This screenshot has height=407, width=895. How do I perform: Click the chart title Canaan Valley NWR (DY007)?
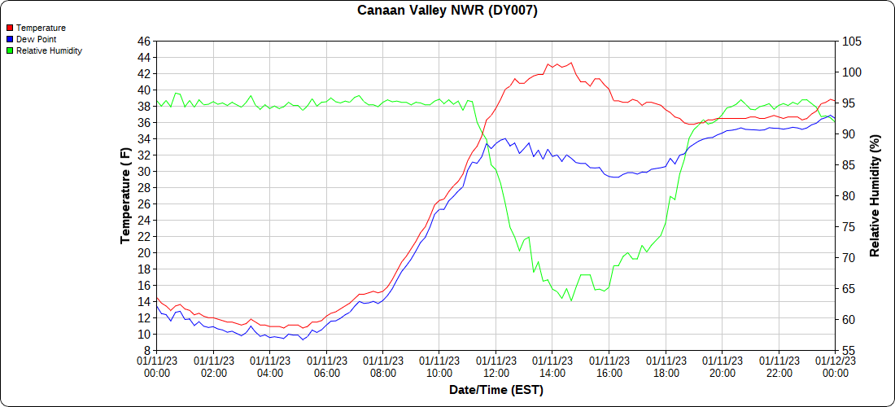coord(447,11)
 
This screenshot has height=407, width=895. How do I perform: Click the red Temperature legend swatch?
coord(10,28)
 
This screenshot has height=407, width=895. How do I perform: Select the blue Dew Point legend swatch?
coord(10,39)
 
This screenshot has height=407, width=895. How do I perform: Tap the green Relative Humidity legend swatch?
coord(10,50)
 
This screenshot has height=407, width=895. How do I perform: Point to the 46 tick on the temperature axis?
coord(144,42)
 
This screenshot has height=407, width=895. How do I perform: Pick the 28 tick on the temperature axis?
coord(144,188)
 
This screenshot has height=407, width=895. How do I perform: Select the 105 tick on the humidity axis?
coord(852,42)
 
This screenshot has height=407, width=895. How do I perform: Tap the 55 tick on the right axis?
coord(849,351)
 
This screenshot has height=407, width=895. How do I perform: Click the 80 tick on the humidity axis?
coord(849,196)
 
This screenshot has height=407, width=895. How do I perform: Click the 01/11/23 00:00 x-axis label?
coord(157,366)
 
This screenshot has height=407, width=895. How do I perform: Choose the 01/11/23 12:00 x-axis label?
coord(496,366)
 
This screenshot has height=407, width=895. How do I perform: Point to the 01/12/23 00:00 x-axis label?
coord(835,366)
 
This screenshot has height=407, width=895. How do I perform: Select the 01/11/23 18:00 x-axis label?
coord(666,366)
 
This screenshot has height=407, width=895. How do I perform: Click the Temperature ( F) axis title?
coord(125,196)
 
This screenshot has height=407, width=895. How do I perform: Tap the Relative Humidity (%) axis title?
coord(875,196)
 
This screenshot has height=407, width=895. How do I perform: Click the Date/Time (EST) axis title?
coord(496,390)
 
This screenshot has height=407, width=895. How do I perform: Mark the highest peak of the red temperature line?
coord(571,63)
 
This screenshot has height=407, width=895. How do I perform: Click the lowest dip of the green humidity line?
coord(571,300)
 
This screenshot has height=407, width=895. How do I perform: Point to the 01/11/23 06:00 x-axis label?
coord(326,366)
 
